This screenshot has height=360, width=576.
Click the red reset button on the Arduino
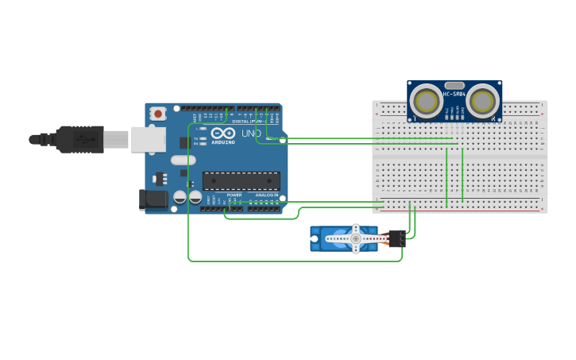pyautogui.click(x=157, y=114)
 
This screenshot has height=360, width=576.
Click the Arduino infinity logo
pyautogui.click(x=222, y=134)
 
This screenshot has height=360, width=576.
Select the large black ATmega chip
pyautogui.click(x=241, y=180)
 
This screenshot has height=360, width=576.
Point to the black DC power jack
pyautogui.click(x=153, y=199)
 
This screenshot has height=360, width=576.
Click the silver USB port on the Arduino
pyautogui.click(x=148, y=139)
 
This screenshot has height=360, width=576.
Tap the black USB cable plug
pyautogui.click(x=79, y=139)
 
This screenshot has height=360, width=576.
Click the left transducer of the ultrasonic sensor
pyautogui.click(x=427, y=101)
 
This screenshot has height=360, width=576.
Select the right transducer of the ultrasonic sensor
pyautogui.click(x=482, y=101)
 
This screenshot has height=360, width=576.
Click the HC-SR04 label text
pyautogui.click(x=455, y=93)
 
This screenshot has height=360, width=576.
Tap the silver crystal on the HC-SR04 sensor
pyautogui.click(x=454, y=85)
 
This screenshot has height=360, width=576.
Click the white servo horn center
pyautogui.click(x=355, y=238)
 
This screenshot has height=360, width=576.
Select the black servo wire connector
pyautogui.click(x=396, y=238)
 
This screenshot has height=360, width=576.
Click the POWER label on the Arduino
pyautogui.click(x=234, y=195)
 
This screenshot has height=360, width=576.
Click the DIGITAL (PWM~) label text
pyautogui.click(x=246, y=121)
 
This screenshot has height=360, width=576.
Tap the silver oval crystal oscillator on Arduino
pyautogui.click(x=183, y=160)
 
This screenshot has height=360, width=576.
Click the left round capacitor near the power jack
pyautogui.click(x=180, y=195)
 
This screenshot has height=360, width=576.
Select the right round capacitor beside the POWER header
pyautogui.click(x=195, y=195)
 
